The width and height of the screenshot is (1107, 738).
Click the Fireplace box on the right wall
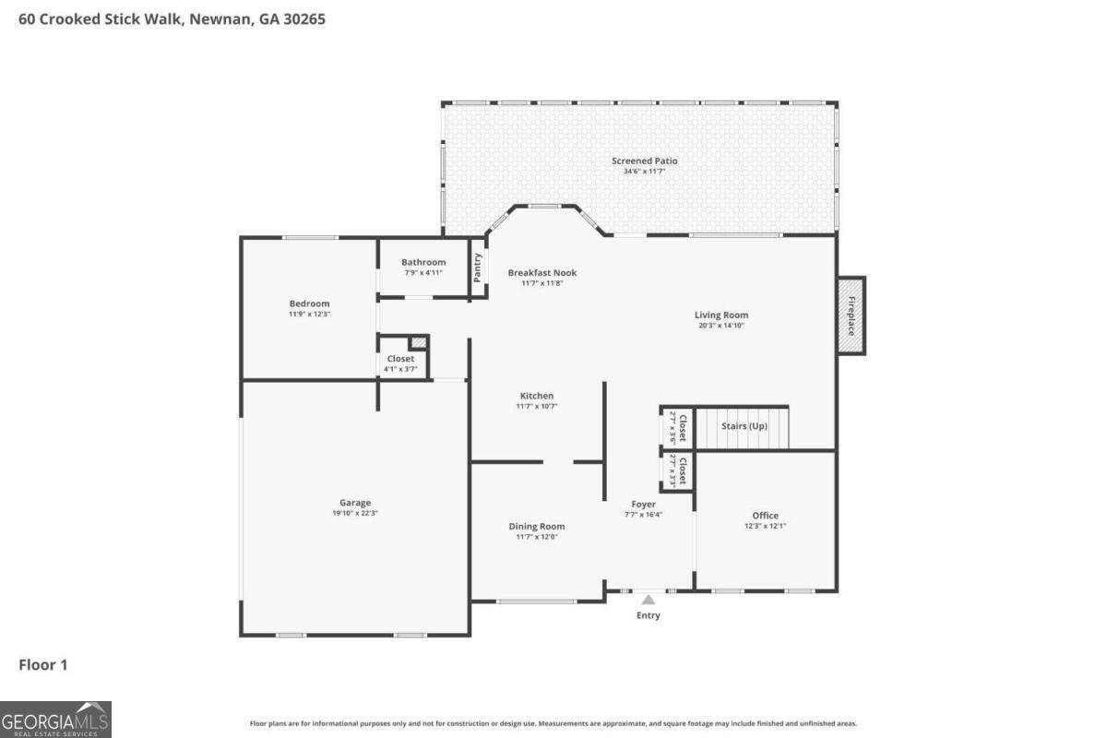click(851, 315)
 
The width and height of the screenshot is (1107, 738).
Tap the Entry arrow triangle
click(649, 600)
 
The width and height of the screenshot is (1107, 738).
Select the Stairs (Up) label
click(744, 426)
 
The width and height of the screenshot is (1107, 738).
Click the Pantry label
click(477, 267)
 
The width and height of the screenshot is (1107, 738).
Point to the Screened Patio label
click(644, 161)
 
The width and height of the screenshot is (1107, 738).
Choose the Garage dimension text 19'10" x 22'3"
click(355, 514)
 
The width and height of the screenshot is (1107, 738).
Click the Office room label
click(765, 516)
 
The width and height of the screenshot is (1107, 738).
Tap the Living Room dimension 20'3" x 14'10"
click(720, 325)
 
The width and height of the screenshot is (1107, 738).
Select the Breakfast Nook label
click(542, 272)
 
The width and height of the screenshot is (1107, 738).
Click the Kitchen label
click(536, 396)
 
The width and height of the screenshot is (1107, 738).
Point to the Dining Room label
click(536, 527)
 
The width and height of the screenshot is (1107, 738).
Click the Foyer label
click(643, 505)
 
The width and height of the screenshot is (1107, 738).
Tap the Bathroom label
click(423, 262)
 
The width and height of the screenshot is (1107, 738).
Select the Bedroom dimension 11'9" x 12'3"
click(309, 314)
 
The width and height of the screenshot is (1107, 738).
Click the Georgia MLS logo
click(55, 719)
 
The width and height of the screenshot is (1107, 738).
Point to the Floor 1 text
click(43, 664)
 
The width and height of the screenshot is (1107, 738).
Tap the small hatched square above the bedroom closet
click(419, 342)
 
